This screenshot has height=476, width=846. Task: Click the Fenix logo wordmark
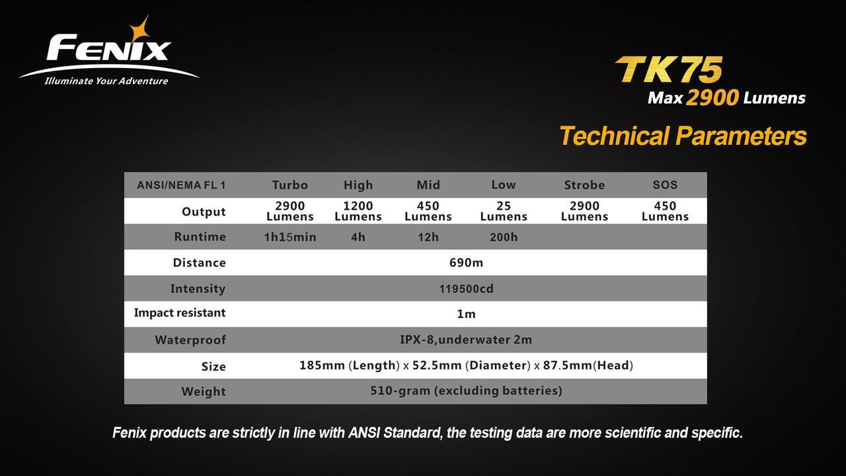pos(109,48)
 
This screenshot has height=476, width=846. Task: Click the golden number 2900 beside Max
pos(712,98)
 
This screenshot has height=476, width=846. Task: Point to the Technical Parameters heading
pos(683,136)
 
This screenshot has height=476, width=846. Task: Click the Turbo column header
pos(290,185)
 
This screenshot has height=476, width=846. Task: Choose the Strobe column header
pos(584,185)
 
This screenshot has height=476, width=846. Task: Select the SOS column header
pos(665,184)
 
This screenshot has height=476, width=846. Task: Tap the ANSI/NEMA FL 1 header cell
pos(181,185)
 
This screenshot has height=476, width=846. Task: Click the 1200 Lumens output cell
pos(358,211)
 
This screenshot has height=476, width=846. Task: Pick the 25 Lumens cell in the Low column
pos(504,211)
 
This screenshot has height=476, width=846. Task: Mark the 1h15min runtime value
pos(290,237)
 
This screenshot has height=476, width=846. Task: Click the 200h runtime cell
pos(504,237)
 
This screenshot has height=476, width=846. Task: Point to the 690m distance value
pos(466,262)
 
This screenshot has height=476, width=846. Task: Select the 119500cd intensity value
pos(466,289)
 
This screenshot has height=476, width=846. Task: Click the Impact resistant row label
pos(180,313)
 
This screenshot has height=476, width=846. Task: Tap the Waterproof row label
pos(190,340)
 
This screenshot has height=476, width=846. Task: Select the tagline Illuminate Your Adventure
pos(106,81)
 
